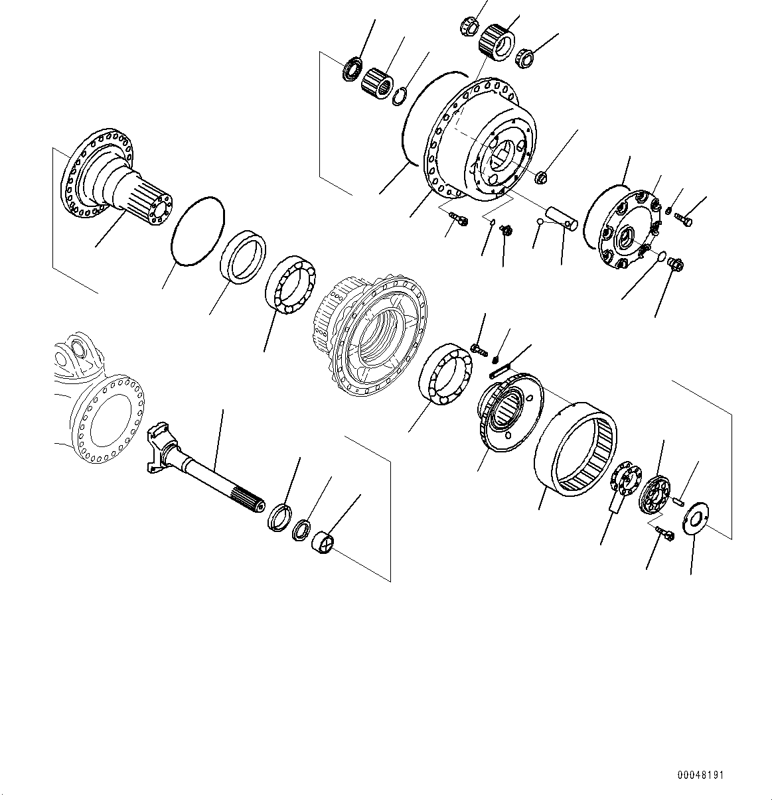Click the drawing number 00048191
coord(700,775)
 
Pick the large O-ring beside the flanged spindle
coord(197,232)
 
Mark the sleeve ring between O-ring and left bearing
coord(243,256)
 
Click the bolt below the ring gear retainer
coord(663,534)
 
